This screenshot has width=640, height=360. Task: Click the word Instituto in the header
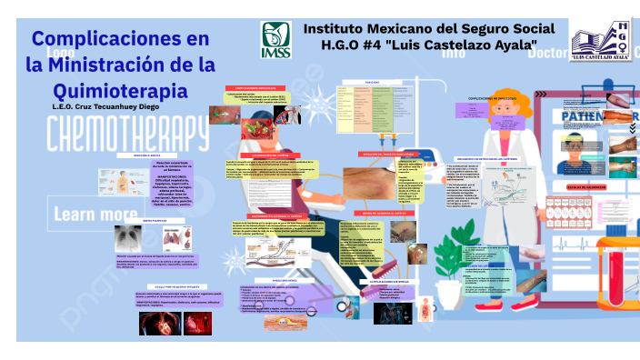tap(342, 28)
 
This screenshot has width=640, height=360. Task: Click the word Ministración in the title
tap(132, 65)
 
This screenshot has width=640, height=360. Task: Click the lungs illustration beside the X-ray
tap(167, 238)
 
